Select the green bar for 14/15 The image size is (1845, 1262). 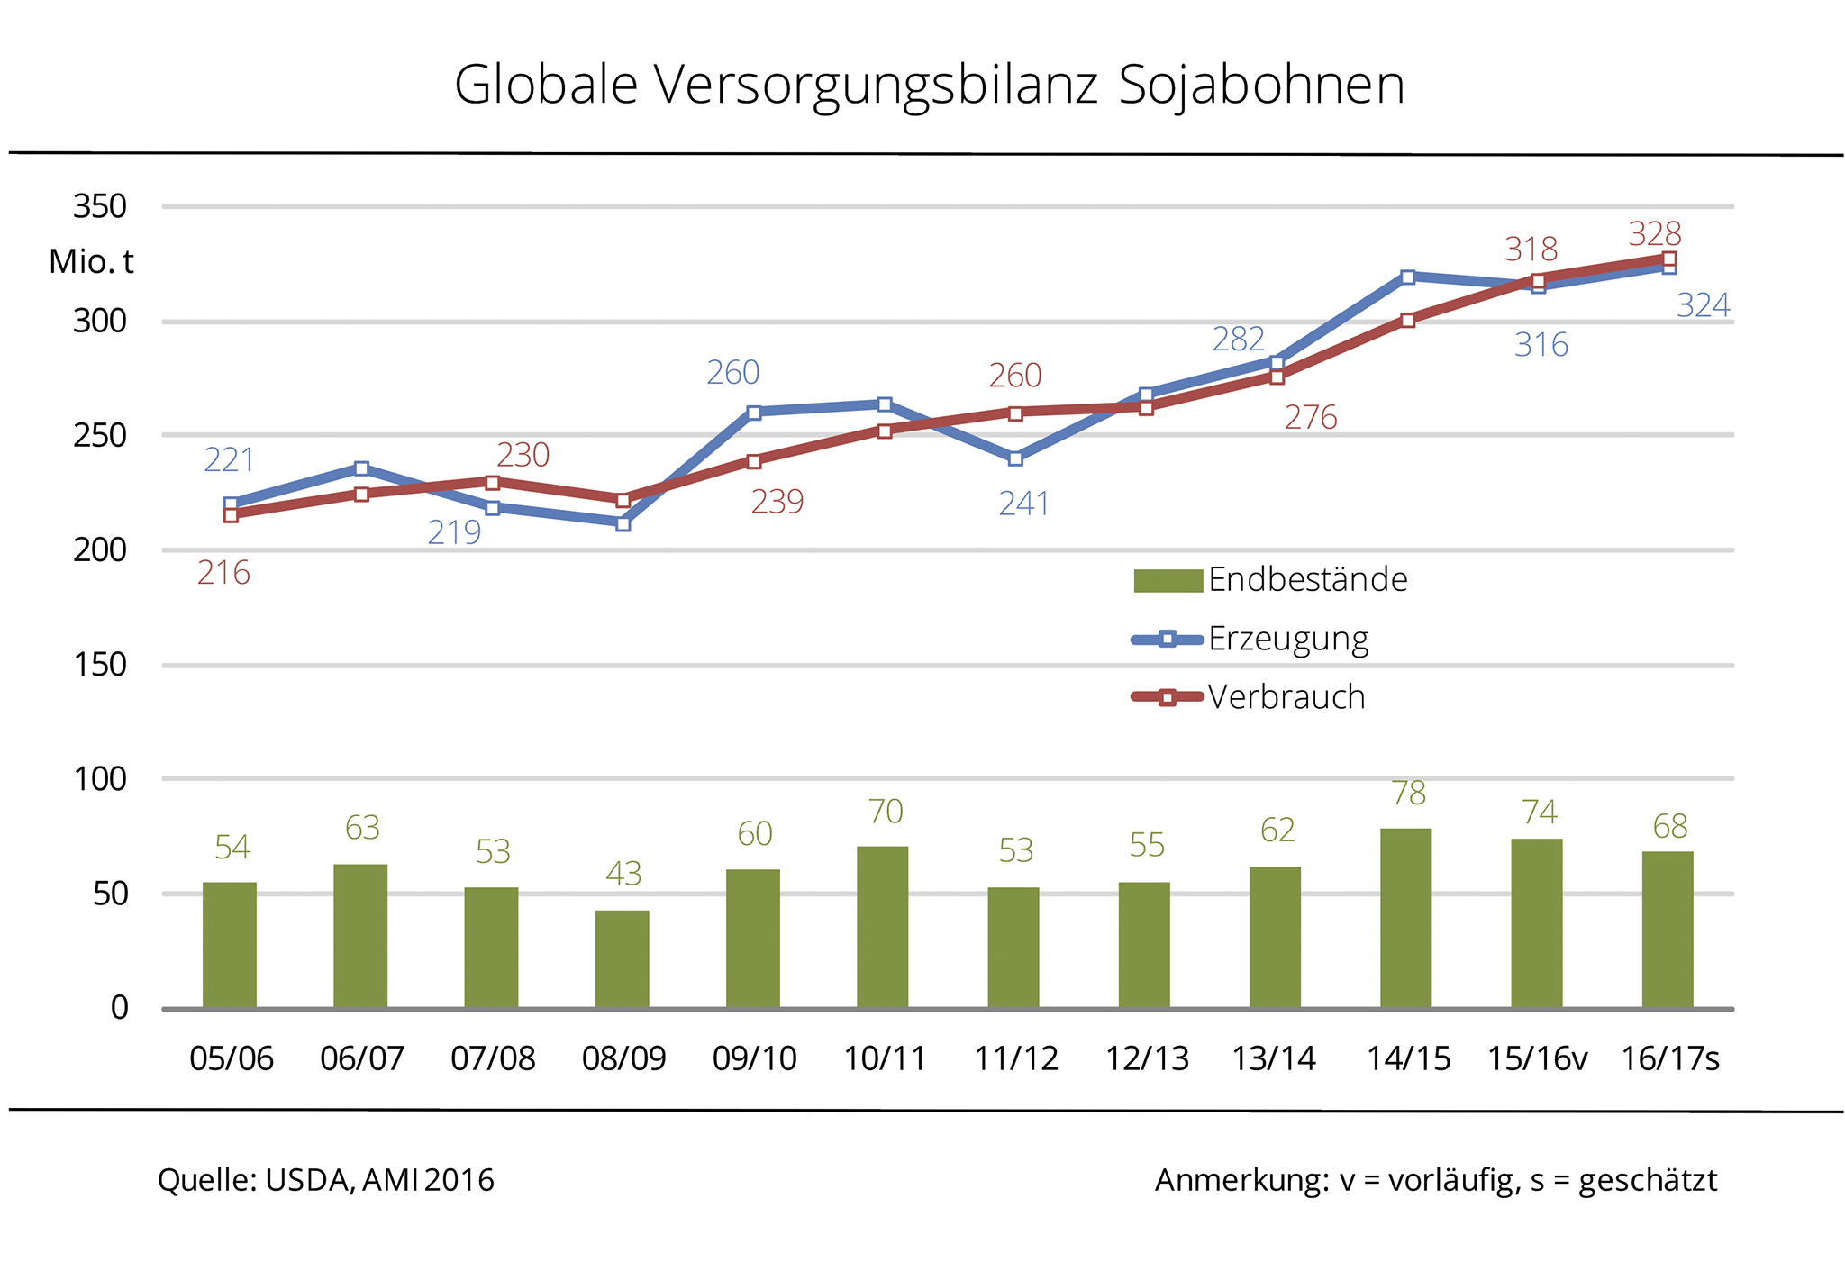[x=1405, y=918]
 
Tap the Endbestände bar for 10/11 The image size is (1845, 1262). [x=883, y=927]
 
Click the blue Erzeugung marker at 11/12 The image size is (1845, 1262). [x=1015, y=458]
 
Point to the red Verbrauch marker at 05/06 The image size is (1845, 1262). [x=231, y=514]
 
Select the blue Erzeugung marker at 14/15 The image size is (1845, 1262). [x=1407, y=277]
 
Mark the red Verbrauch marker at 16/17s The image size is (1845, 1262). [x=1668, y=259]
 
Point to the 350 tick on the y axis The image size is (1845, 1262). [x=100, y=207]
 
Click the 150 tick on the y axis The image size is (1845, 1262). [x=100, y=665]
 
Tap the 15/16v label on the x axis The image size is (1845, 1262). [x=1537, y=1058]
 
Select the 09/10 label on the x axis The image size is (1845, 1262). [x=754, y=1058]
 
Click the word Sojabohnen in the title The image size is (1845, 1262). [x=1261, y=86]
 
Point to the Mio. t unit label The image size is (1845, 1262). [x=91, y=262]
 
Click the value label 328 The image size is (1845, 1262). [x=1655, y=234]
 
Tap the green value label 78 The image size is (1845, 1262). [x=1408, y=794]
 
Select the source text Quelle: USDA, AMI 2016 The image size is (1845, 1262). [x=326, y=1180]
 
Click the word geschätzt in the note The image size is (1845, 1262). [x=1648, y=1181]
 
